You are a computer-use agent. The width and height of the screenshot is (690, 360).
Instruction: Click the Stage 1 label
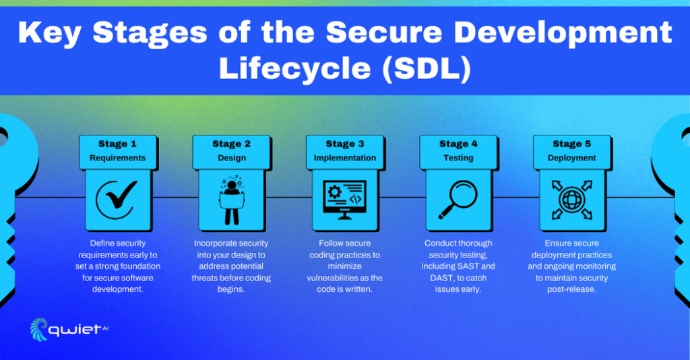tap(117, 144)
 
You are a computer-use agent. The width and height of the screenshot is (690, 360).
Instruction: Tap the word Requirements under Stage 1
tap(117, 158)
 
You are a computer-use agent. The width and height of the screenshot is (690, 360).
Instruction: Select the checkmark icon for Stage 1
tap(117, 197)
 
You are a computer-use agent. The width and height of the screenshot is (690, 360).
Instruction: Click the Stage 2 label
tap(231, 144)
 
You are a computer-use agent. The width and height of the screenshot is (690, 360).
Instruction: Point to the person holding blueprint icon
tap(231, 198)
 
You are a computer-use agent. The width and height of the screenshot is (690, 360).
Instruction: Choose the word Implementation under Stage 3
tap(345, 158)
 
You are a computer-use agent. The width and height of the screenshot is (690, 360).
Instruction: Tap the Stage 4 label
tap(458, 144)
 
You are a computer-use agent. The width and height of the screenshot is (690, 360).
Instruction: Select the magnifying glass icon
tap(458, 198)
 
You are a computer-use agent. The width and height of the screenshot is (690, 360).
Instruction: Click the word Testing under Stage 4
tap(458, 158)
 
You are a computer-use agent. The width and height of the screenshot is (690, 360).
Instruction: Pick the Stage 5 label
tap(572, 144)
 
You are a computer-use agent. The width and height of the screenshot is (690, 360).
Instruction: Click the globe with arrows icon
tap(572, 198)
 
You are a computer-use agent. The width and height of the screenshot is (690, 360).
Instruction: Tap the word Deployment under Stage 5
tap(572, 158)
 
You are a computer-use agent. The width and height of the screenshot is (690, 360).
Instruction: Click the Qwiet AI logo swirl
tap(39, 329)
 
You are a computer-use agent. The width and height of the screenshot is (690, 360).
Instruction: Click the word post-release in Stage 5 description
tap(572, 289)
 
